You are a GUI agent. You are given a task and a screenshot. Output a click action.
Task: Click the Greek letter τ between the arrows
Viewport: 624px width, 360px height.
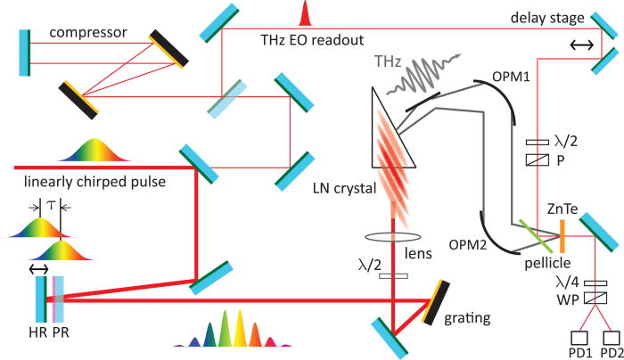click(51, 204)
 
